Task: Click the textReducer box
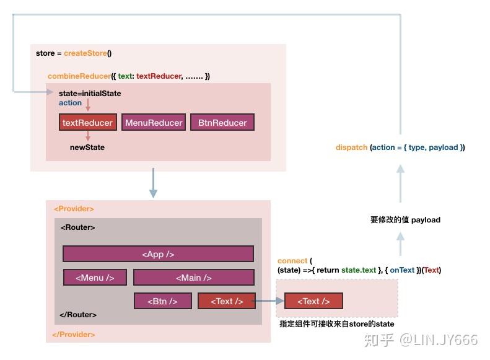click(87, 123)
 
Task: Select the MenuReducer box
click(154, 123)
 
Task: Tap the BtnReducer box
click(222, 123)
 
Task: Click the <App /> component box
click(158, 254)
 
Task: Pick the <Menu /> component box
click(95, 278)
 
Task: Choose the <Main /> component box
click(193, 278)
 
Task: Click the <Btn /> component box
click(162, 301)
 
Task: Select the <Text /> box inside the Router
click(226, 301)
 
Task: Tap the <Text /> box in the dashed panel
click(313, 301)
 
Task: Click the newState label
click(87, 147)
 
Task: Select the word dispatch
click(351, 147)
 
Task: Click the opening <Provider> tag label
click(74, 209)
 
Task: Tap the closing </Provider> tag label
click(74, 335)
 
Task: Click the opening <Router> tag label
click(78, 227)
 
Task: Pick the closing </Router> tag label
click(78, 315)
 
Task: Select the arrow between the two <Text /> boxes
click(269, 301)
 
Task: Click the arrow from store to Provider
click(153, 185)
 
